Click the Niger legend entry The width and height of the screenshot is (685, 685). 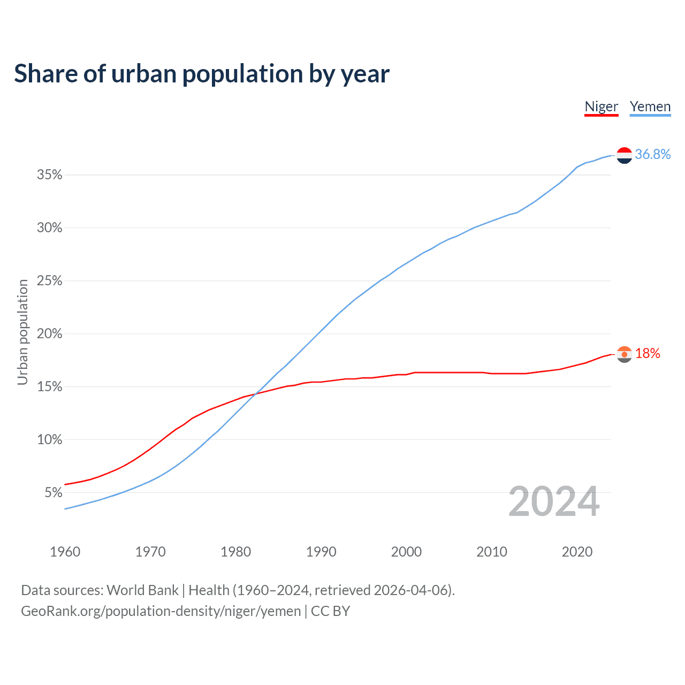tap(601, 106)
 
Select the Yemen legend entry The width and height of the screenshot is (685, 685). tap(650, 106)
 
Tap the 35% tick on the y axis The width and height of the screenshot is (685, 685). tap(50, 175)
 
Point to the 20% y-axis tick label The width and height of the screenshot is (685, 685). tap(50, 334)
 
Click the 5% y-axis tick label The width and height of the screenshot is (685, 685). tap(54, 492)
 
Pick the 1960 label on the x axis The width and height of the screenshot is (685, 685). tap(65, 552)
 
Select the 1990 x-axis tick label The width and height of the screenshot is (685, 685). tap(321, 552)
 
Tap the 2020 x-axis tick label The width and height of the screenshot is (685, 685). tap(577, 552)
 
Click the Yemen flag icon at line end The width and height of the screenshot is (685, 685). tap(625, 155)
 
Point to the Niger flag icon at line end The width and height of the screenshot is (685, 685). tap(625, 354)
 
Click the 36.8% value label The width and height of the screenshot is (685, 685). tap(653, 155)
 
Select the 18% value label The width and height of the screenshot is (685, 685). tap(648, 354)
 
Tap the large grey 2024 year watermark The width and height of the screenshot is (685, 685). tap(554, 501)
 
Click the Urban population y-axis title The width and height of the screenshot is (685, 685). tap(22, 332)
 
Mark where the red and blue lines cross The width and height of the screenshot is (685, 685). tap(255, 394)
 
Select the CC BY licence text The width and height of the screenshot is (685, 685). tap(330, 611)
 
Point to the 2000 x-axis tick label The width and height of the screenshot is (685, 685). tap(406, 552)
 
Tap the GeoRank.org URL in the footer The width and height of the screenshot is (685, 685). tap(161, 611)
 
